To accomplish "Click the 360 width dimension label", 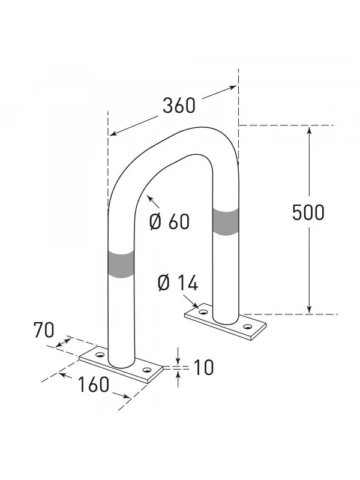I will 179,106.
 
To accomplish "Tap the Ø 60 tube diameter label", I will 169,221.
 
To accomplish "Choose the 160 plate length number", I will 94,384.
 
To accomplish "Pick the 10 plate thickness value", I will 204,367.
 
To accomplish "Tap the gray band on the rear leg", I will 225,222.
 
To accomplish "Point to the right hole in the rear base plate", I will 247,327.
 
